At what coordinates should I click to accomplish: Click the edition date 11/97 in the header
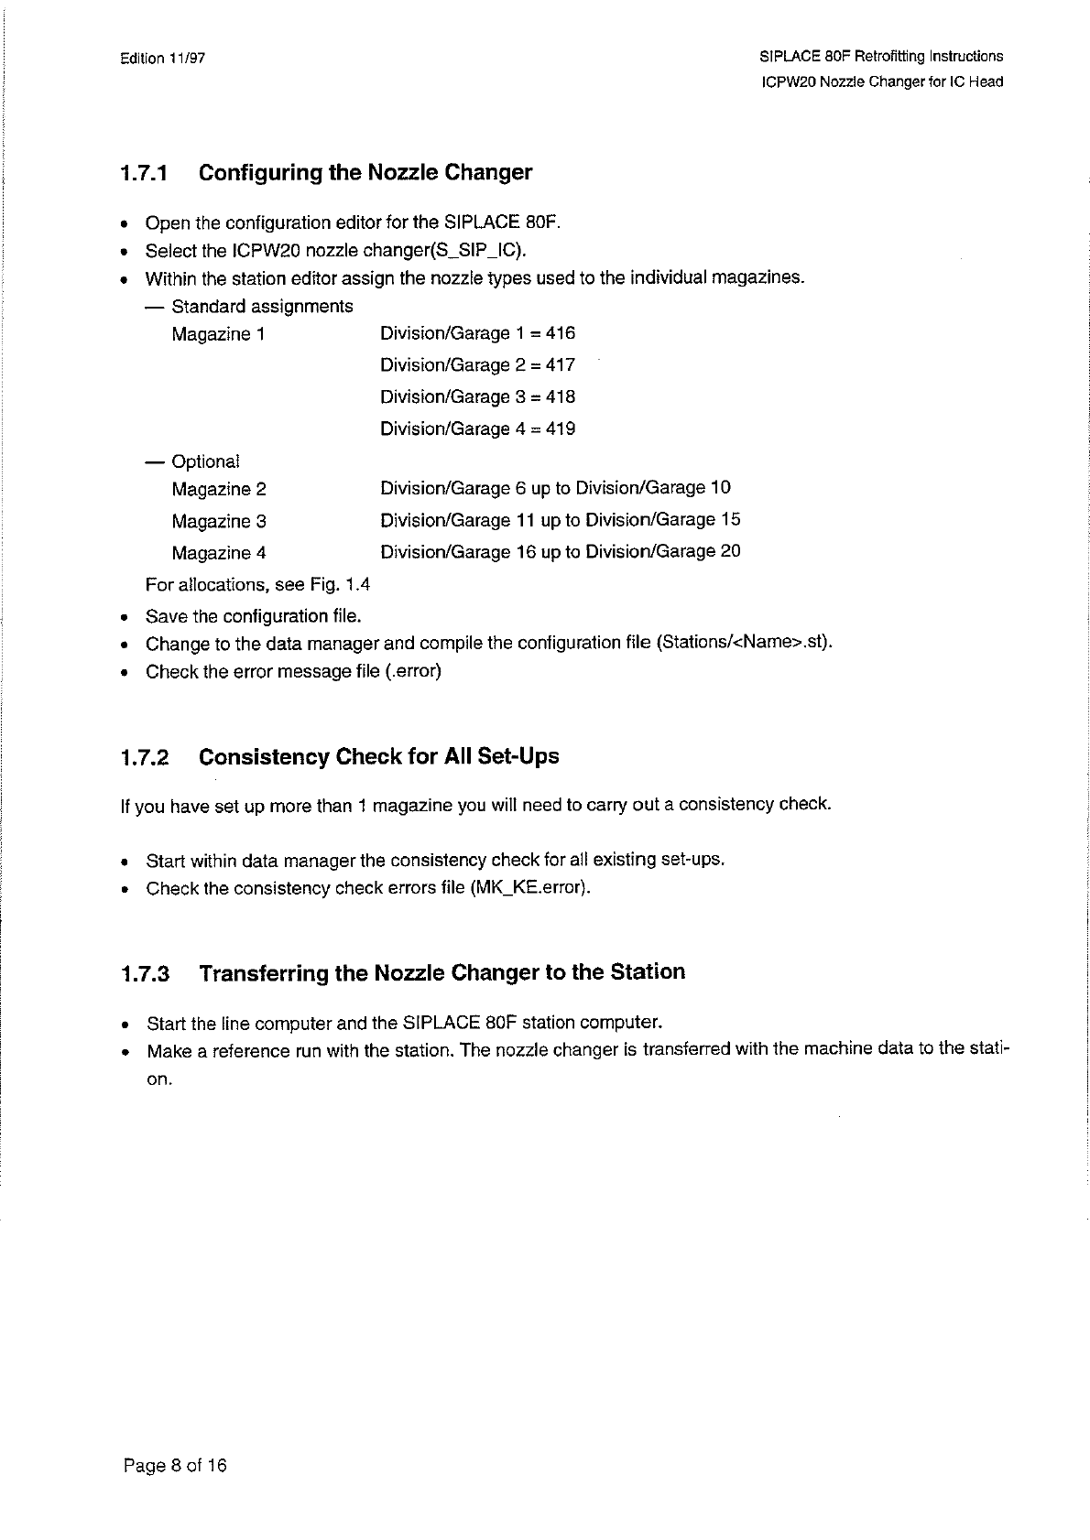(x=187, y=59)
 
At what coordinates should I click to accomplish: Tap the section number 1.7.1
(x=145, y=173)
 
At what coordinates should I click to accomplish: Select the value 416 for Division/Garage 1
(x=561, y=333)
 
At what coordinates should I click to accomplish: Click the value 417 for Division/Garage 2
(x=561, y=365)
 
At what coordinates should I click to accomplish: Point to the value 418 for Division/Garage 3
(x=561, y=397)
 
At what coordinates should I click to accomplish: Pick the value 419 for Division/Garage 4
(x=561, y=429)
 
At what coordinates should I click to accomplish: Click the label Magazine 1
(x=218, y=334)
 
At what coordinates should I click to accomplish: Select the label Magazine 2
(x=219, y=490)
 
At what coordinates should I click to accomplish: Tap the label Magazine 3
(x=219, y=522)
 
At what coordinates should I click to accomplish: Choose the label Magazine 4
(x=219, y=553)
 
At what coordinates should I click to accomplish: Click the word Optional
(x=205, y=461)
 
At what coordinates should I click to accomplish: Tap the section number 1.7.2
(x=145, y=758)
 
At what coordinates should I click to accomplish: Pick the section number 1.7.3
(x=145, y=973)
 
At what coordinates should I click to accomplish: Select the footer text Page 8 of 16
(x=175, y=1466)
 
